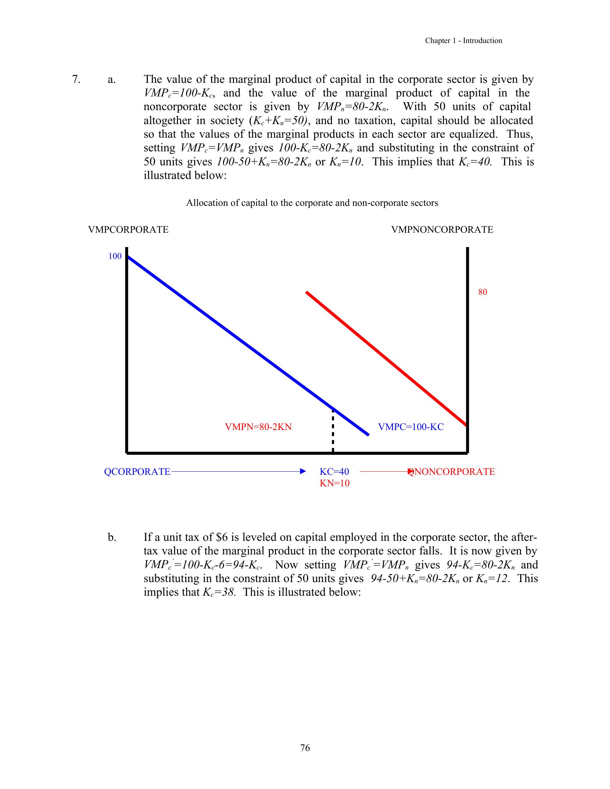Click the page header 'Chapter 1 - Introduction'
[463, 41]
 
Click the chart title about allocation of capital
[312, 203]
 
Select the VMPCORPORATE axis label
[128, 230]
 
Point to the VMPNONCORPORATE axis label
[442, 230]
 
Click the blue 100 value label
[115, 256]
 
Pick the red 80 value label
[482, 292]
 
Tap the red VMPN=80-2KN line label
[258, 427]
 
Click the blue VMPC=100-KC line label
[410, 427]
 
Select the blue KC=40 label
[334, 472]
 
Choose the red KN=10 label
[335, 483]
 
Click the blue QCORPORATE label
[137, 472]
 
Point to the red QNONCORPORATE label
[452, 472]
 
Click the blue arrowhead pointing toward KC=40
[303, 472]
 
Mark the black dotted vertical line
[333, 432]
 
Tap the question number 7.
[76, 80]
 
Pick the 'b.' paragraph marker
[112, 537]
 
